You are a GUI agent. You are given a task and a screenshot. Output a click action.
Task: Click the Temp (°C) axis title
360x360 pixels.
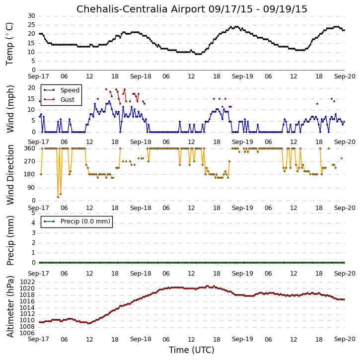click(9, 44)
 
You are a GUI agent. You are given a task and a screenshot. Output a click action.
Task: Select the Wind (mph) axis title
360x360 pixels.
click(10, 109)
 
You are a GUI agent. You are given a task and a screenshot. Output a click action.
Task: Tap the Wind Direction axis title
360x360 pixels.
click(10, 175)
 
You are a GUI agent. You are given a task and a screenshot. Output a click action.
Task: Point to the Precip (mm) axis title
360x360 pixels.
click(10, 241)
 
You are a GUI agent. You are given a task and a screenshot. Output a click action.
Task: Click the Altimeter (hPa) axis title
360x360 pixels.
click(10, 306)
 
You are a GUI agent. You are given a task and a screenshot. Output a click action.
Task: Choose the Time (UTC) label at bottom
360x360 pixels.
click(192, 350)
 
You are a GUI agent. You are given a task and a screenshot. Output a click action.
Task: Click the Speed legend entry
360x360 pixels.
click(70, 90)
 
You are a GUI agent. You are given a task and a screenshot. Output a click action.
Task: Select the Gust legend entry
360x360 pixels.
click(68, 100)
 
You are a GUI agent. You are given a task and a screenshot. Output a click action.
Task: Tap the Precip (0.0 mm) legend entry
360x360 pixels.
click(85, 221)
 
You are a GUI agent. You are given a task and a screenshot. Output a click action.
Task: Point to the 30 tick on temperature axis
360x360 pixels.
click(32, 16)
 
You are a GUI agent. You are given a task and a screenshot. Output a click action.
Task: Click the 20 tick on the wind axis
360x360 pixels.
click(32, 88)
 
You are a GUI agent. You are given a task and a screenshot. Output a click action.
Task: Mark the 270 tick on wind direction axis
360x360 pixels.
click(30, 161)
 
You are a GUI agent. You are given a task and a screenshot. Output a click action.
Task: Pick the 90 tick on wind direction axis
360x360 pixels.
click(32, 188)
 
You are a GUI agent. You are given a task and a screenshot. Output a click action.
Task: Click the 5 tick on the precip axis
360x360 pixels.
click(34, 213)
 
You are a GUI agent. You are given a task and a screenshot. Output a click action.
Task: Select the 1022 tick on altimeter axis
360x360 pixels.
click(27, 282)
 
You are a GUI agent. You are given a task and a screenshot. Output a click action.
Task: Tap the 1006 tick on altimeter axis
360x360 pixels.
click(27, 333)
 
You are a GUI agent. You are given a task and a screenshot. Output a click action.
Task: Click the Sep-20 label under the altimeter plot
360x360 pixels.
click(345, 339)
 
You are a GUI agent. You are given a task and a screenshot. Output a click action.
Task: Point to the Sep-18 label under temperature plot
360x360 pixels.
click(141, 76)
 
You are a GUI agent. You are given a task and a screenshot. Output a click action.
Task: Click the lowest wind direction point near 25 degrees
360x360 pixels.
click(58, 197)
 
